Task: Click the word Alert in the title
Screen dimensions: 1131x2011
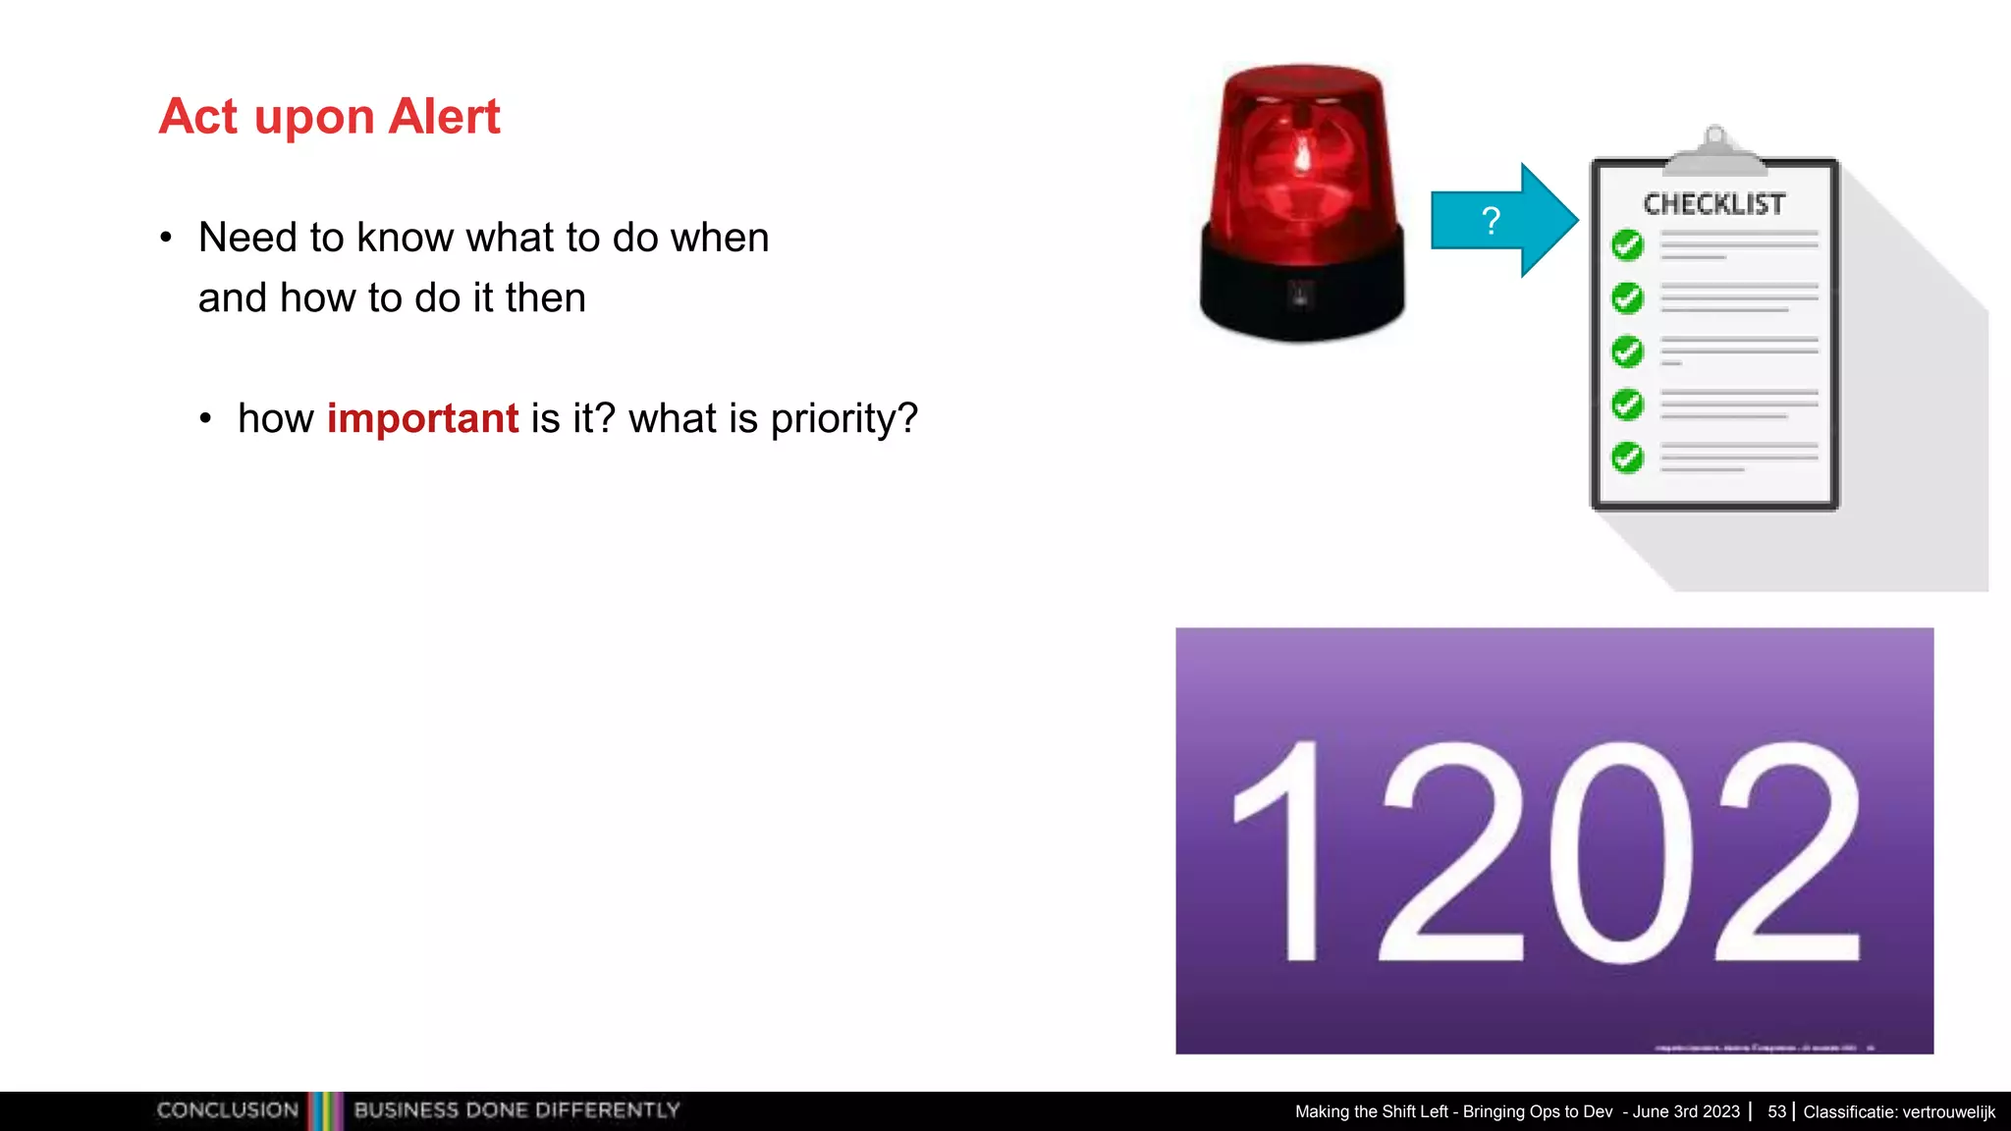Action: point(444,117)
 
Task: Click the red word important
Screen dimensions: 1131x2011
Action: point(422,419)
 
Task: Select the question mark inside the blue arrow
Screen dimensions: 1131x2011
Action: point(1491,221)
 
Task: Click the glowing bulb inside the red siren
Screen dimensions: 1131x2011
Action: point(1303,157)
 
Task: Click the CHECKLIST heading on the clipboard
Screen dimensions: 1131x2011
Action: point(1714,204)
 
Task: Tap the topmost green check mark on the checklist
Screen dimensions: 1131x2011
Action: point(1627,244)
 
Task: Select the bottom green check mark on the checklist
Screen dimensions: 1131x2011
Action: point(1627,457)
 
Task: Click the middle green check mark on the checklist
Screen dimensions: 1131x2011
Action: point(1627,350)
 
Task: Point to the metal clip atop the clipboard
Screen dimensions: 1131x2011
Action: point(1714,150)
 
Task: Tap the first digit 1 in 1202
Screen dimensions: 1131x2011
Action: point(1286,852)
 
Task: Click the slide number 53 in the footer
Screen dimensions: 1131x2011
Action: point(1776,1111)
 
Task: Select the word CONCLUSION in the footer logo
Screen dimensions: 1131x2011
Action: point(228,1110)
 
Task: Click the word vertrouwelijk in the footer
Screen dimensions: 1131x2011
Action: point(1948,1111)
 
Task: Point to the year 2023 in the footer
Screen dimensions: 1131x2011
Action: point(1721,1111)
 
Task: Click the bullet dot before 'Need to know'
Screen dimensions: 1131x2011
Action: point(166,238)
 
